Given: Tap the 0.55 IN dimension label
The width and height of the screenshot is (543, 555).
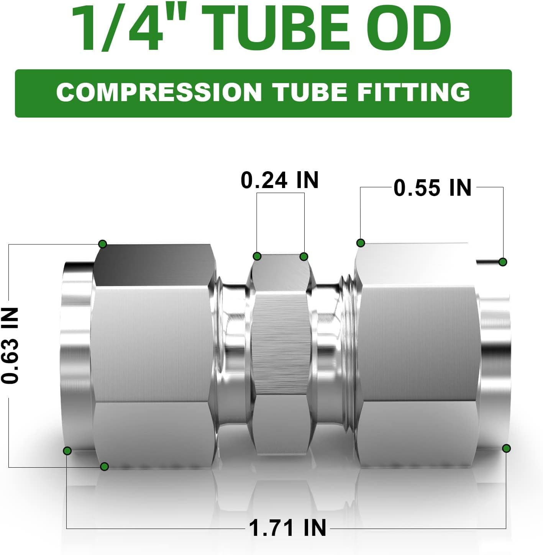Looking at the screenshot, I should pyautogui.click(x=432, y=188).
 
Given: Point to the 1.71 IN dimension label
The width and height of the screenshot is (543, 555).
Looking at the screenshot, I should pyautogui.click(x=287, y=528).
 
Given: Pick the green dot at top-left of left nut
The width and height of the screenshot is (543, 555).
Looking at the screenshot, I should pyautogui.click(x=102, y=244).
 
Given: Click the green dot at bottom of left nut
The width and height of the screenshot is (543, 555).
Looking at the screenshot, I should pyautogui.click(x=104, y=466).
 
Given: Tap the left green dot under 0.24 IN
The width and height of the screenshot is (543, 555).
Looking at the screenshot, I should pyautogui.click(x=258, y=256).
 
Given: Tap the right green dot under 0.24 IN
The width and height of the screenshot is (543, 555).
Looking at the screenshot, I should pyautogui.click(x=304, y=256).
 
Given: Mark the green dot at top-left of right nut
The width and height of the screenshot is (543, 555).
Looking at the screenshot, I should pyautogui.click(x=360, y=242).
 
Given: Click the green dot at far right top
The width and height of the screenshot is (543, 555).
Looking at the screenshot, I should pyautogui.click(x=503, y=262).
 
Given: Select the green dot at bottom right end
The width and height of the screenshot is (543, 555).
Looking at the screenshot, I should pyautogui.click(x=506, y=448).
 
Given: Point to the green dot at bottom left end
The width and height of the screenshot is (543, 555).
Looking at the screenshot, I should pyautogui.click(x=67, y=450).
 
